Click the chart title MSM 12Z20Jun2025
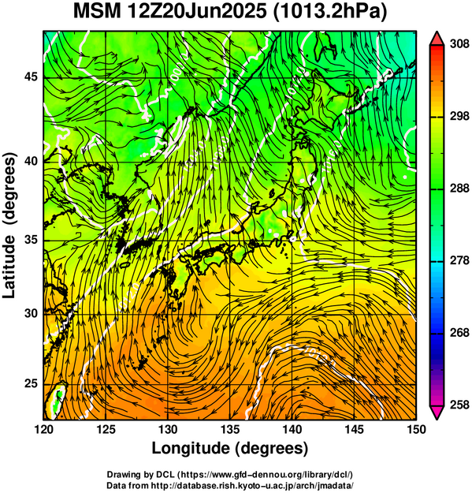(x=171, y=12)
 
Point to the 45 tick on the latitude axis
(x=31, y=77)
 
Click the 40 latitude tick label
(x=31, y=161)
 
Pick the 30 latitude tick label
(x=31, y=313)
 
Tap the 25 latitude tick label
(x=31, y=383)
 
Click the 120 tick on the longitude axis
(x=43, y=429)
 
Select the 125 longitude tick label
(x=106, y=429)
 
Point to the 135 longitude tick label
(x=230, y=429)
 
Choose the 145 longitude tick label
(x=354, y=429)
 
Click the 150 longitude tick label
(x=416, y=429)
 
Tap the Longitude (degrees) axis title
(x=229, y=449)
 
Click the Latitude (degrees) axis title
(x=9, y=225)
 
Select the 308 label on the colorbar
(x=459, y=44)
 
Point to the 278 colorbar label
(x=459, y=260)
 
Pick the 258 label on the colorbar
(x=459, y=405)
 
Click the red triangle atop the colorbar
(x=437, y=39)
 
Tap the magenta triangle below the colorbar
(x=437, y=413)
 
